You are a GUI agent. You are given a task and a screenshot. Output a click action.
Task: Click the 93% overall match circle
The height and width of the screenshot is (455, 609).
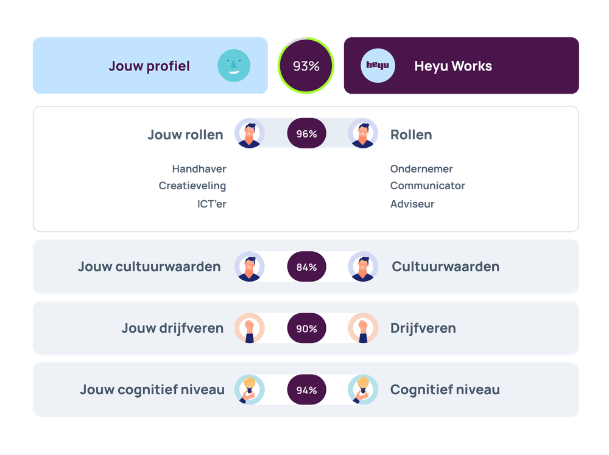coord(306,66)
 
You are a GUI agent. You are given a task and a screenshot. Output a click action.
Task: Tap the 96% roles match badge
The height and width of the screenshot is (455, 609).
coord(306,134)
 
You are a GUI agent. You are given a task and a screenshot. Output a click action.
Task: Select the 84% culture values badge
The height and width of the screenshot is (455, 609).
coord(306,267)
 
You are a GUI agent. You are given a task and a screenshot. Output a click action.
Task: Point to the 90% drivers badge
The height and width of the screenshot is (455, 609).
coord(306,328)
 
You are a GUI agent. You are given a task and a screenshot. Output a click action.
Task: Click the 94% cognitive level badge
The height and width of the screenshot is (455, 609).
coord(306,390)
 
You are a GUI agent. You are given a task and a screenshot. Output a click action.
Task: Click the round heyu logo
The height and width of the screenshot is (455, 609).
coord(378,66)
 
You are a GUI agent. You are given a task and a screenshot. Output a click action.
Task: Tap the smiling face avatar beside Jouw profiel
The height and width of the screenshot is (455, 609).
coord(234,66)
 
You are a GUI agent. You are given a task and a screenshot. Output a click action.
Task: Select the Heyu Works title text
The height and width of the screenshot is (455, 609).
coord(453,66)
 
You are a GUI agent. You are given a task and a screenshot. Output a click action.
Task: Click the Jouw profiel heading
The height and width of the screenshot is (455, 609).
coord(149,66)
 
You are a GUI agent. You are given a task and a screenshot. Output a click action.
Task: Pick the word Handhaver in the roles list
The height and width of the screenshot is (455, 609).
coord(199,169)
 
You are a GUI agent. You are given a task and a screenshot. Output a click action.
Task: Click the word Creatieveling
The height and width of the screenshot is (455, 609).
coord(192,186)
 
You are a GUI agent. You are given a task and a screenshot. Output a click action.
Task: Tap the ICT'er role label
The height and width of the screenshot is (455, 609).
coord(211,204)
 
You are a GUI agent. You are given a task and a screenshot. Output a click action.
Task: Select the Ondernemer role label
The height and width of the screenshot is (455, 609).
coord(421,169)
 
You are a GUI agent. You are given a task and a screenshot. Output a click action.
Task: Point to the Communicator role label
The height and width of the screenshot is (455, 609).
coord(428,186)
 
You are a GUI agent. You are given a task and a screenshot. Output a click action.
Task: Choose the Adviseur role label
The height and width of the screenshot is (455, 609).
coord(412,204)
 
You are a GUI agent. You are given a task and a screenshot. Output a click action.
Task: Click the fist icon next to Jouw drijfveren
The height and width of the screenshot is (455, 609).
coord(249,328)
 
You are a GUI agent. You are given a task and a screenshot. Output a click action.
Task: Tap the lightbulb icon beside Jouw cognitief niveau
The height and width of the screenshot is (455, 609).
coord(249,390)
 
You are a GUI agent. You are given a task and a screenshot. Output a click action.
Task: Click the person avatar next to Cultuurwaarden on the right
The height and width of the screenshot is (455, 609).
coord(363,267)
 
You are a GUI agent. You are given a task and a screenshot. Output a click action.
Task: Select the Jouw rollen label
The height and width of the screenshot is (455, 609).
coord(185,134)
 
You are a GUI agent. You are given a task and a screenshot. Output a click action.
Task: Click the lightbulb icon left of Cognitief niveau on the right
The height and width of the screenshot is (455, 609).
coord(363,390)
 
